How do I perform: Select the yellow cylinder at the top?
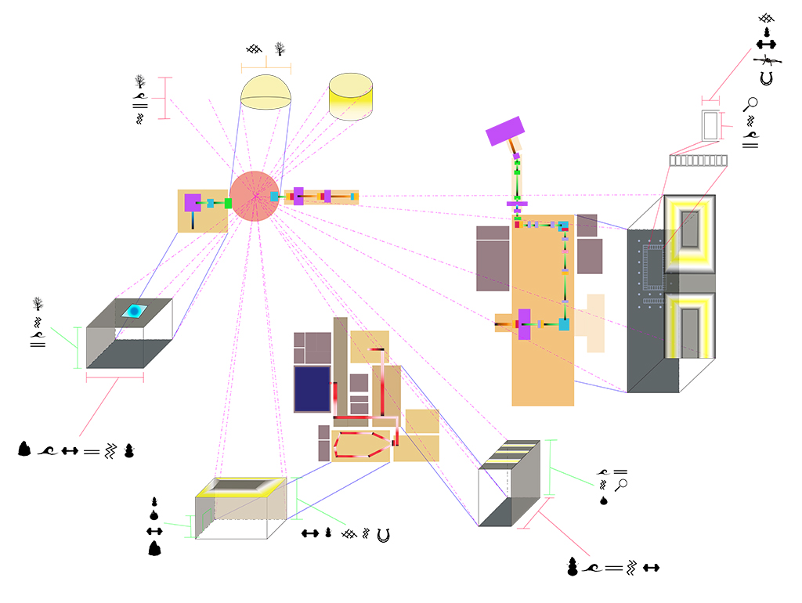(350, 97)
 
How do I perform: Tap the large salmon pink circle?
(255, 196)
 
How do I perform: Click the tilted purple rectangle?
(505, 131)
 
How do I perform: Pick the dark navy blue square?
(311, 388)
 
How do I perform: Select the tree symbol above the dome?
(280, 50)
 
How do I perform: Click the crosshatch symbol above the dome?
(253, 49)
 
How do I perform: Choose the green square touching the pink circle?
(228, 203)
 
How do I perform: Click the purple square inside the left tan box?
(193, 202)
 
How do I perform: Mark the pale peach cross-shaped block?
(594, 323)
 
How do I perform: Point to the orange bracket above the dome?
(266, 68)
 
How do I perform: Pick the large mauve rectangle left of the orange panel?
(493, 258)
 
